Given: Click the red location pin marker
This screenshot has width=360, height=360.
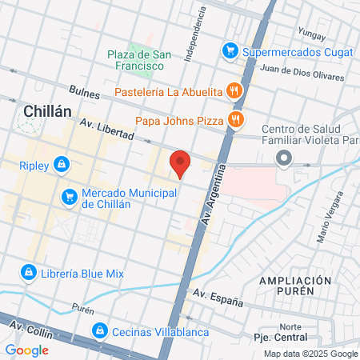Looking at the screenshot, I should point(180,164).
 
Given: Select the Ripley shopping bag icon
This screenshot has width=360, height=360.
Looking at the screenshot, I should point(62,166).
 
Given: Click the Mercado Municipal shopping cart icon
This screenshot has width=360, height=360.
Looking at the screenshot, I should point(70,196).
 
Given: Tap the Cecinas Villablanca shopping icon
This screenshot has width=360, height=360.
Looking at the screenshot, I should point(100,330).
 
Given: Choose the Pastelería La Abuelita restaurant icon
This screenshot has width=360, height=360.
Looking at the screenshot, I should point(234,90).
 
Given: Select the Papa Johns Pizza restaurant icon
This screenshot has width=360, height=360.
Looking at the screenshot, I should point(235,120).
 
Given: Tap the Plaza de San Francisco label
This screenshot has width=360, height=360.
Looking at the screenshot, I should point(139,61).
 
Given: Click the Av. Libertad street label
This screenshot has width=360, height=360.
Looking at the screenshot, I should point(106,130).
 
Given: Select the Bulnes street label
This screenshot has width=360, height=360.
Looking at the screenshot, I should point(84,92).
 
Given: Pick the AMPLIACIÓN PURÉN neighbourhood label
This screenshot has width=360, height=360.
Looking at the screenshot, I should point(295,287).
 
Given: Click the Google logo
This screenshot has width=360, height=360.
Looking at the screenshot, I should point(27,350).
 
